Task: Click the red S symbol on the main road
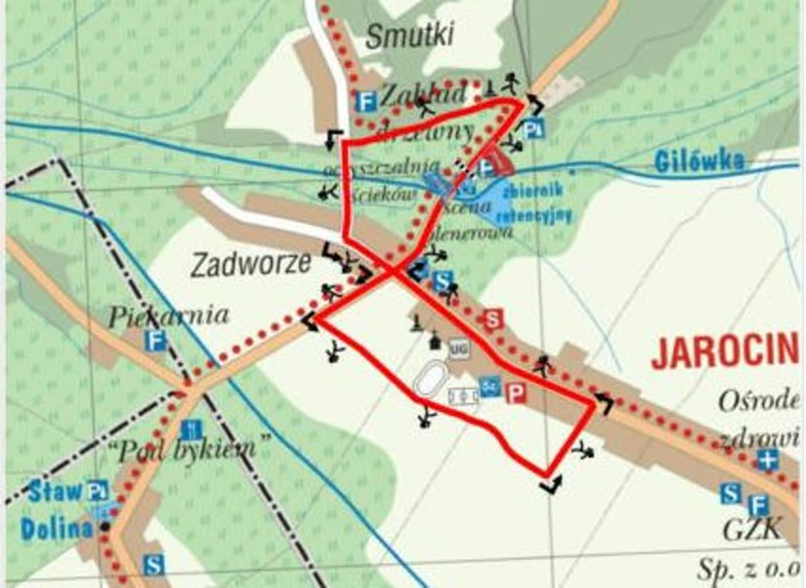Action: (x=492, y=319)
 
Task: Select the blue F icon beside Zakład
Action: (x=365, y=102)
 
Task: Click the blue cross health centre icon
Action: (x=767, y=460)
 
